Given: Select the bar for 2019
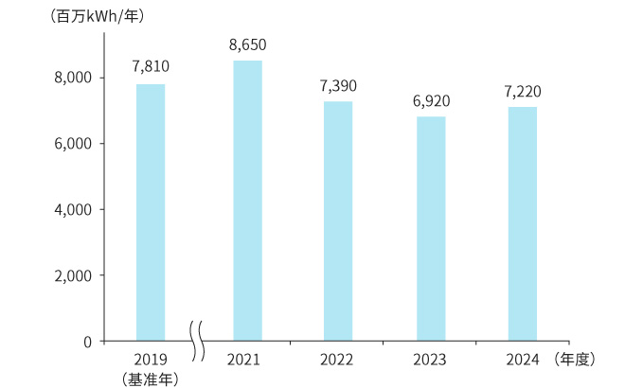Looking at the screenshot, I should pyautogui.click(x=151, y=212).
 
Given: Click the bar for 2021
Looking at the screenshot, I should pyautogui.click(x=247, y=200).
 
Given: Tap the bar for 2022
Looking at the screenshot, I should pyautogui.click(x=338, y=220).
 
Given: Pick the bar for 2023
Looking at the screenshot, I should pyautogui.click(x=431, y=228).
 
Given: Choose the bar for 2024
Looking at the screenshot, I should pyautogui.click(x=523, y=223).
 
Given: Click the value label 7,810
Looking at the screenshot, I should pyautogui.click(x=151, y=67).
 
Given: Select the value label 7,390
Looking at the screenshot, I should pyautogui.click(x=338, y=85).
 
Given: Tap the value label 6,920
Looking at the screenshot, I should pyautogui.click(x=431, y=99).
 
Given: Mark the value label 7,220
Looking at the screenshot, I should pyautogui.click(x=523, y=91).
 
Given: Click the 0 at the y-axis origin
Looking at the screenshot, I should pyautogui.click(x=86, y=341).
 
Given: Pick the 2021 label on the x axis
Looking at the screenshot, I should pyautogui.click(x=243, y=360).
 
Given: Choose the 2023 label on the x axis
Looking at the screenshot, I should pyautogui.click(x=431, y=360).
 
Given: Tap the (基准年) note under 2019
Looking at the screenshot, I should pyautogui.click(x=151, y=379).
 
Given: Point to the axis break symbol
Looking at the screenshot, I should pyautogui.click(x=198, y=340).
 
